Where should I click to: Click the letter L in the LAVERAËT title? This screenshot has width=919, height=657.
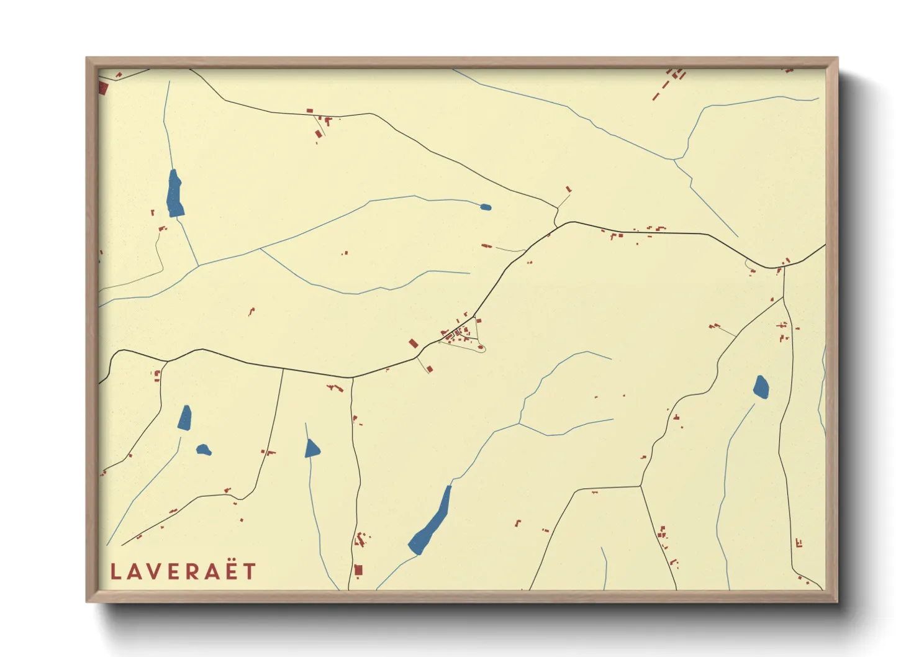(115, 571)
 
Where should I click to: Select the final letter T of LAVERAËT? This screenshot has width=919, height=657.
(250, 571)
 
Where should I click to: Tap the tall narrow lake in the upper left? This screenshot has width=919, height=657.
(175, 194)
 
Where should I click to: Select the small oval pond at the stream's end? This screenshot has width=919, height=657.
(486, 207)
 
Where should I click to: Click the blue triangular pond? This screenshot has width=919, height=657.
(312, 449)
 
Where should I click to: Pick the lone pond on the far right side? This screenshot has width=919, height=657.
(761, 387)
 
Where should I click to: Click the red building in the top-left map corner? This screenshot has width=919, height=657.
(103, 88)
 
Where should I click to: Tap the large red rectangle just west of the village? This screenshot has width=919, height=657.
(414, 343)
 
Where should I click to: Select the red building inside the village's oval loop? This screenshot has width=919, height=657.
(481, 348)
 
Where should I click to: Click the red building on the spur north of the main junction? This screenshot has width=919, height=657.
(568, 189)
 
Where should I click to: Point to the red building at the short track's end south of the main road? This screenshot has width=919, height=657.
(430, 370)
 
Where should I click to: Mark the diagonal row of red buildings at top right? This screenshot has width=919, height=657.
(669, 84)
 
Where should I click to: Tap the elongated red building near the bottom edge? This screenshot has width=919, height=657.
(358, 569)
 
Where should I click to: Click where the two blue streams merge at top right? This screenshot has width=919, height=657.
(675, 160)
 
